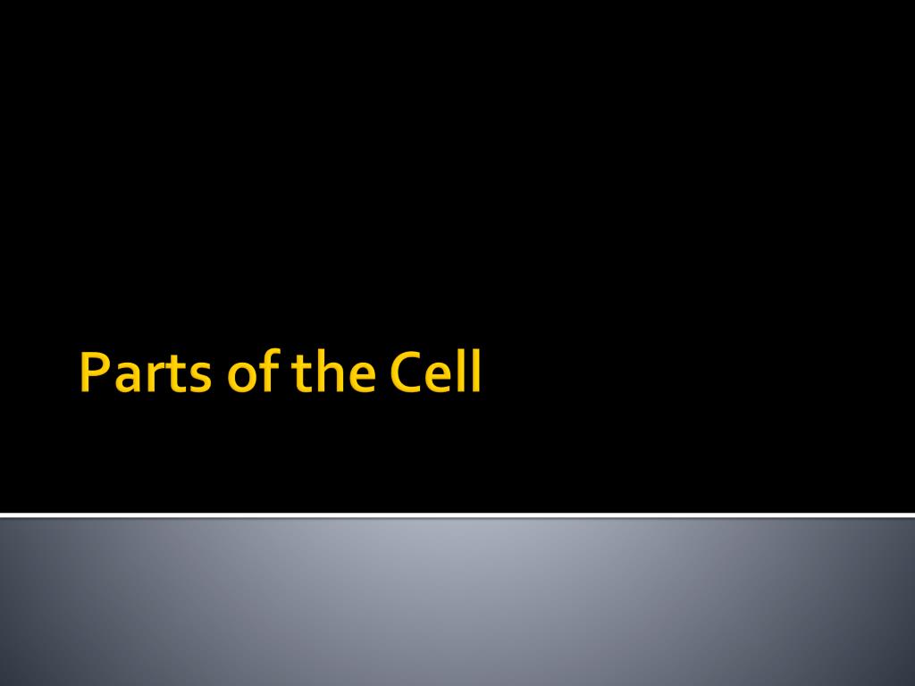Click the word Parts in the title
coord(146,372)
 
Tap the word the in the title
coord(334,371)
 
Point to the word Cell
coord(435,371)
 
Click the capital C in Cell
coord(406,372)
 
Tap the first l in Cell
coord(464,371)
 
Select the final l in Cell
coord(477,371)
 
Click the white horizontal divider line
coord(457,515)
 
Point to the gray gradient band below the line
coord(457,602)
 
